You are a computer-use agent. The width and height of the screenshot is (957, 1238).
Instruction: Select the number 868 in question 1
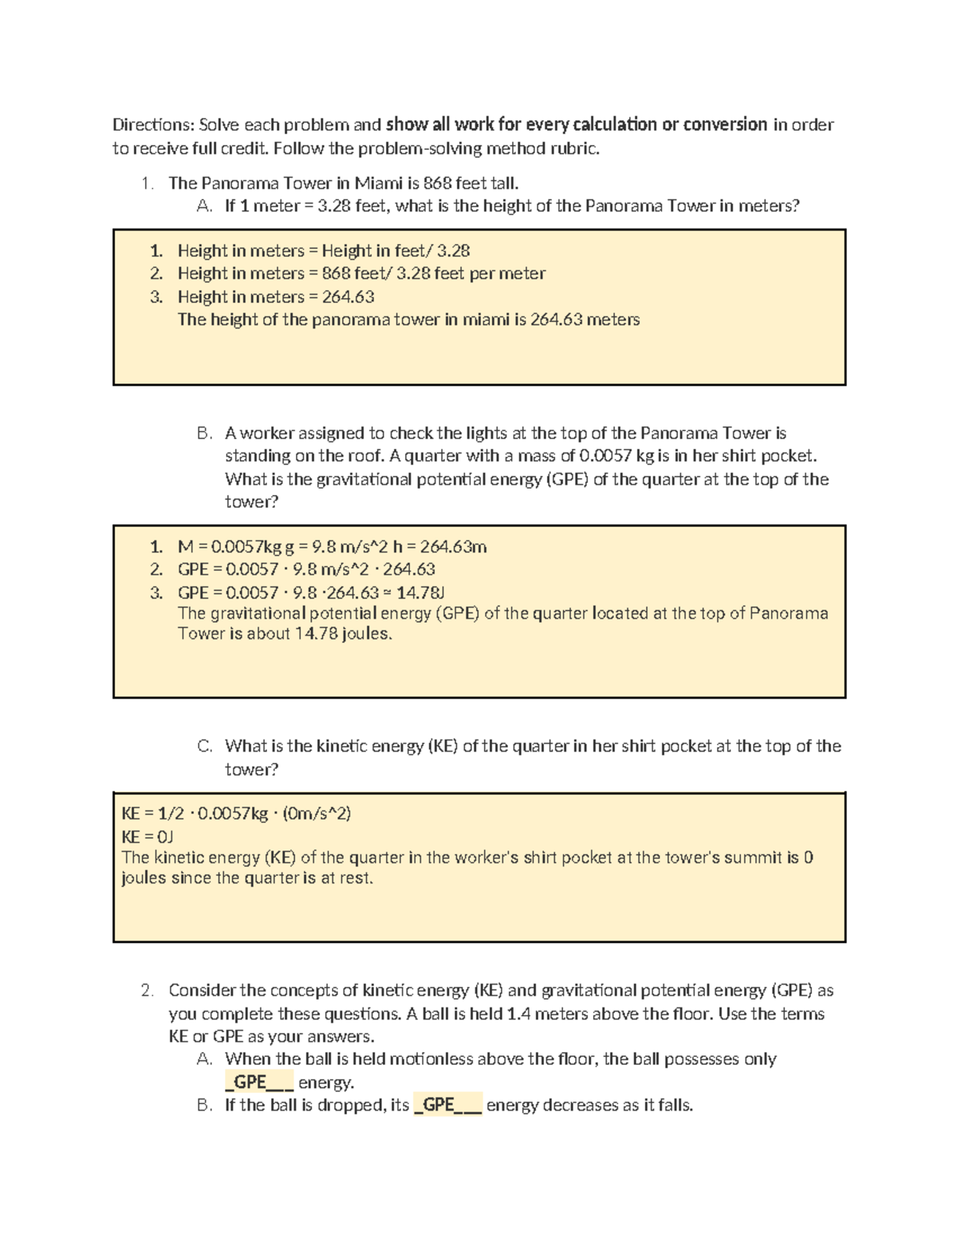click(x=436, y=183)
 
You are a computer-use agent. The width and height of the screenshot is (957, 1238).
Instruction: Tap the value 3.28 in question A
click(x=333, y=206)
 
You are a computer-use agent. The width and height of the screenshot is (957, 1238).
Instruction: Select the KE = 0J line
click(x=148, y=836)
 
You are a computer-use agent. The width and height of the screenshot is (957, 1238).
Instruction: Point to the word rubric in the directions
click(x=574, y=148)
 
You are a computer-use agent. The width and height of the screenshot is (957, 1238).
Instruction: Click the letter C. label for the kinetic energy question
click(x=205, y=746)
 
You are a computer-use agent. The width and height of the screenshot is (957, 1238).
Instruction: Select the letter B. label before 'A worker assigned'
click(x=205, y=434)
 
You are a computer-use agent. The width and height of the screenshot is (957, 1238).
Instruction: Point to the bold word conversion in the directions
click(x=726, y=124)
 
